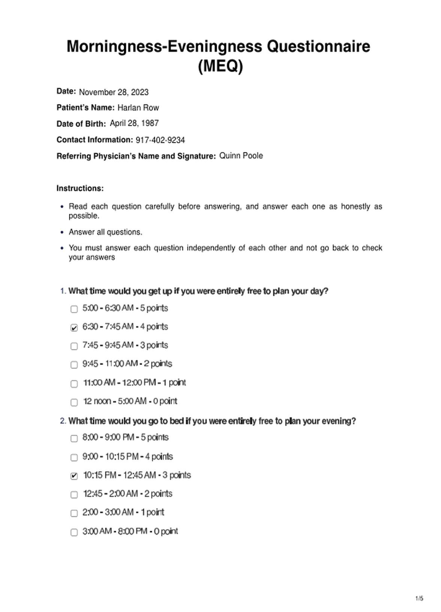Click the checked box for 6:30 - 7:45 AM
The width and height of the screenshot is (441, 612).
click(x=74, y=327)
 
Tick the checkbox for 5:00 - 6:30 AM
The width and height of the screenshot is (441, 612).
click(x=74, y=309)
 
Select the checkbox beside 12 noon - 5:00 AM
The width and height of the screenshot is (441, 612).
click(x=74, y=402)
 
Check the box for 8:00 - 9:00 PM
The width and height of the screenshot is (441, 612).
click(x=74, y=438)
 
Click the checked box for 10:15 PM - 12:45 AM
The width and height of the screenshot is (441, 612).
click(x=74, y=476)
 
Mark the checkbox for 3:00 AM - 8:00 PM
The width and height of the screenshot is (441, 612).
click(x=74, y=532)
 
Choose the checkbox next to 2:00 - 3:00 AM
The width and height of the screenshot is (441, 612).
click(x=74, y=513)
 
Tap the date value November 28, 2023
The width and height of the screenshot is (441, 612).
click(x=114, y=92)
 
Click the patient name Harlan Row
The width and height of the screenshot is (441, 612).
click(x=138, y=108)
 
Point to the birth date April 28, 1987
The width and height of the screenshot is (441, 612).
click(x=134, y=123)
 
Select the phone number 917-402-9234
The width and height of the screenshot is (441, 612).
click(x=160, y=140)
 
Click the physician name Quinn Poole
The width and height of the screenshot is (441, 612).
click(x=241, y=156)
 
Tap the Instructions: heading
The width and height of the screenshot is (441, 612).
click(x=80, y=188)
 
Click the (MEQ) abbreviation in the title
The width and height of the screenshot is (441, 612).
click(x=220, y=66)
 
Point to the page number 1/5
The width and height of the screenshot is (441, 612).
click(x=419, y=598)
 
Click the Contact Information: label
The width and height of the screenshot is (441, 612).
click(x=94, y=140)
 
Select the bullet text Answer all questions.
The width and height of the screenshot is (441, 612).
click(x=105, y=232)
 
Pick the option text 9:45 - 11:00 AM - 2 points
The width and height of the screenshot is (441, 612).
click(x=127, y=363)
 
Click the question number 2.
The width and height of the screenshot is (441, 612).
click(x=63, y=421)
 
